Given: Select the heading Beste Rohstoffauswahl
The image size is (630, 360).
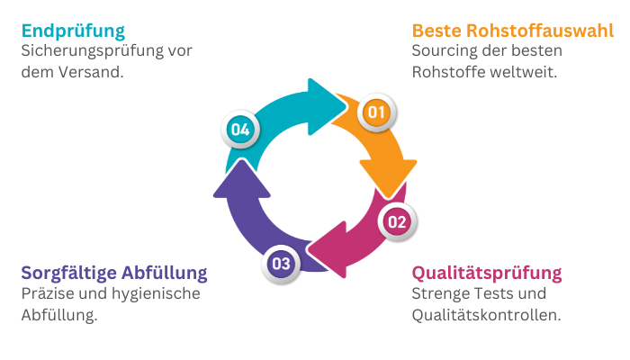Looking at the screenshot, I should (x=513, y=31).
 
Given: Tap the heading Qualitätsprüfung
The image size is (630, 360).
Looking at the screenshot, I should (x=486, y=272).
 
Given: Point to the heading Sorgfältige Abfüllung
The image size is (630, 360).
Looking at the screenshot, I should (x=114, y=272).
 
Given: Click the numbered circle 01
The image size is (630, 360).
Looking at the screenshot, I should (x=375, y=112).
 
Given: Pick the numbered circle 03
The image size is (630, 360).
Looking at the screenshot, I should (x=281, y=264).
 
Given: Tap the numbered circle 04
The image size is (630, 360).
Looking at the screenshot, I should (x=239, y=130).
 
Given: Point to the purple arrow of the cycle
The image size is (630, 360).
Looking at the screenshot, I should (x=241, y=216).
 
